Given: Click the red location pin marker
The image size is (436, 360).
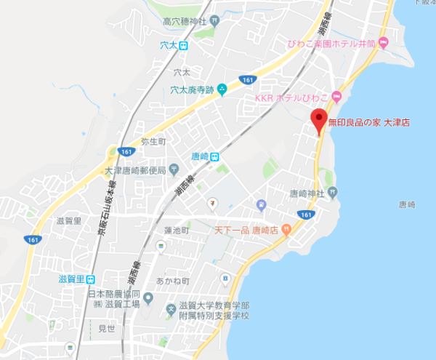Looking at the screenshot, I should tap(318, 119).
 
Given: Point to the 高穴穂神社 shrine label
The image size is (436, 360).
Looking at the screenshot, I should tap(184, 22).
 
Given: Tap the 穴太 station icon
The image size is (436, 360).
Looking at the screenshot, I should tap(183, 45).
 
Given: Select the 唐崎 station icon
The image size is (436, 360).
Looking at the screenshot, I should tap(215, 156).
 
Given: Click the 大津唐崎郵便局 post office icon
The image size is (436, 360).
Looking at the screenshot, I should tap(174, 170).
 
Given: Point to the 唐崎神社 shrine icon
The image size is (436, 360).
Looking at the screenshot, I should tap(332, 193).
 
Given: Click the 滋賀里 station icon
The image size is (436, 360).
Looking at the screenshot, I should tap(90, 279).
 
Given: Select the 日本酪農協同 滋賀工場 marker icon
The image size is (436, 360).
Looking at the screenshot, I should tap(148, 298).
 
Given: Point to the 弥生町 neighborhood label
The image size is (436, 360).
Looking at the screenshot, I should tap(154, 141).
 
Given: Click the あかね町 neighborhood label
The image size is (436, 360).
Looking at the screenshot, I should tap(176, 281).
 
